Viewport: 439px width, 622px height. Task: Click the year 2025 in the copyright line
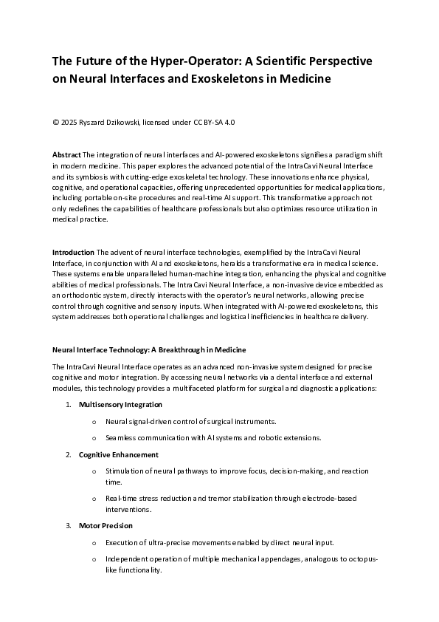[72, 122]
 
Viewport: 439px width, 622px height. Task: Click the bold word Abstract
[67, 154]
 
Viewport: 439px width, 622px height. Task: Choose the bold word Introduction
[73, 253]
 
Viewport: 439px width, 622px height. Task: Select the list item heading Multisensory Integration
[120, 405]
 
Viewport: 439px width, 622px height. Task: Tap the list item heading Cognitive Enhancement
[118, 454]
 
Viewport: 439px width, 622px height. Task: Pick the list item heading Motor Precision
[106, 525]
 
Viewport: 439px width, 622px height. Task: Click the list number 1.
[68, 405]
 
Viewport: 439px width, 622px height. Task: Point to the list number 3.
[68, 525]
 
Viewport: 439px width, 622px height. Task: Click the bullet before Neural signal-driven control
[94, 421]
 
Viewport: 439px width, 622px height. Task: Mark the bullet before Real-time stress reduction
[94, 500]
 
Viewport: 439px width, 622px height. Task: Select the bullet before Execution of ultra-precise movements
[94, 543]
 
